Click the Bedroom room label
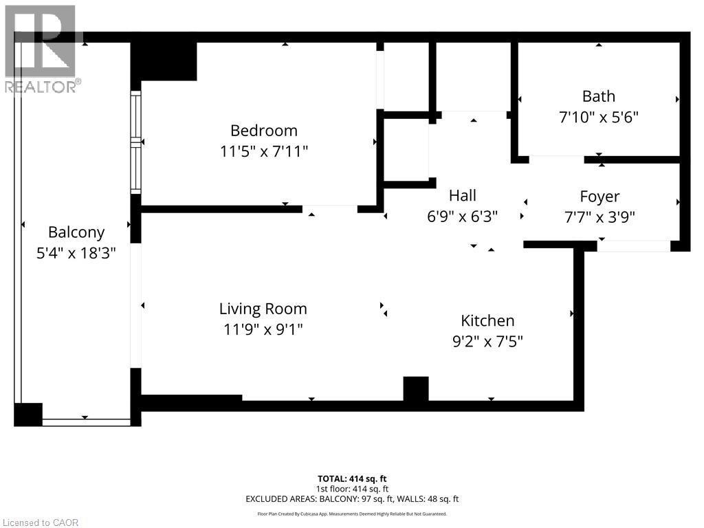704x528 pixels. pyautogui.click(x=263, y=131)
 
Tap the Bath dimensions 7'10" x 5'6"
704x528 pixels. pyautogui.click(x=599, y=118)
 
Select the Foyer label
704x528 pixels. pyautogui.click(x=599, y=197)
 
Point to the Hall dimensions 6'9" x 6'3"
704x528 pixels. pyautogui.click(x=462, y=217)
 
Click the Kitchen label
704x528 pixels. pyautogui.click(x=487, y=320)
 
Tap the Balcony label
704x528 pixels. pyautogui.click(x=76, y=232)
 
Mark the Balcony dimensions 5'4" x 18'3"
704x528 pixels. pyautogui.click(x=76, y=253)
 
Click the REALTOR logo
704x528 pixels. pyautogui.click(x=41, y=48)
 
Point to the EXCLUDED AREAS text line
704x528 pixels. pyautogui.click(x=352, y=499)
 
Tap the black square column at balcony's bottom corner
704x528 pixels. pyautogui.click(x=28, y=415)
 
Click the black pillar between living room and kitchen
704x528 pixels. pyautogui.click(x=416, y=388)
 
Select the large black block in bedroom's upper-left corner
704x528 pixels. pyautogui.click(x=164, y=60)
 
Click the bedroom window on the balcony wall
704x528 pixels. pyautogui.click(x=136, y=142)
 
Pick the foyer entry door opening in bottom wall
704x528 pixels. pyautogui.click(x=633, y=246)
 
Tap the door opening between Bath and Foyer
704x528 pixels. pyautogui.click(x=556, y=159)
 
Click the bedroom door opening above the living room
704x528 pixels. pyautogui.click(x=329, y=209)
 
